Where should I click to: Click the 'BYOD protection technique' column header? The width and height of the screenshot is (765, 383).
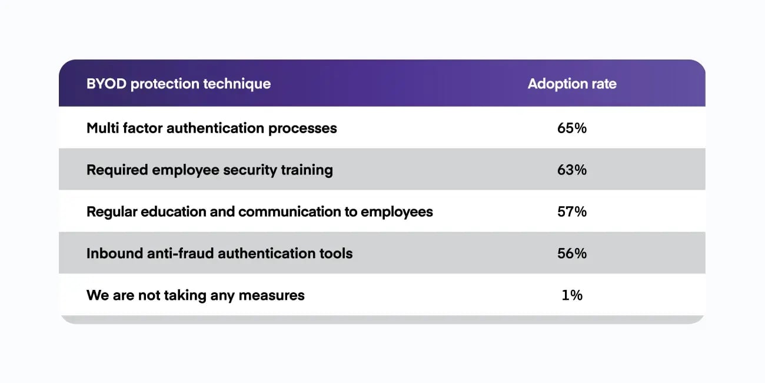click(178, 84)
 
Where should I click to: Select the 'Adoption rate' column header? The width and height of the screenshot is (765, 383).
click(572, 84)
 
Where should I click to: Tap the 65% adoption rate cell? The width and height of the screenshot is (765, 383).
click(572, 128)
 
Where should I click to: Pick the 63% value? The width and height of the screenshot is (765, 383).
click(572, 170)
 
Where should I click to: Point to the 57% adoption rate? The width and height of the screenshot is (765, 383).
click(572, 212)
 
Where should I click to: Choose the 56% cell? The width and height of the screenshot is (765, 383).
click(572, 253)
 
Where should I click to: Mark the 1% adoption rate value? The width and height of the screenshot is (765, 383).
click(572, 295)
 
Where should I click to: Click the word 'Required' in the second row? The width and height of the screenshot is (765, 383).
click(117, 170)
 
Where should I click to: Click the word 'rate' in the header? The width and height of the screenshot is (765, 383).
click(603, 84)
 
